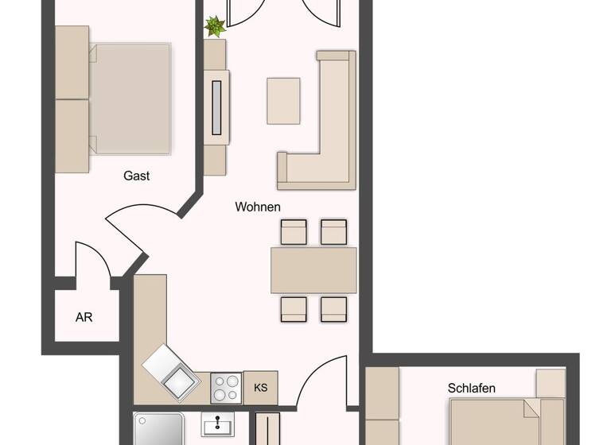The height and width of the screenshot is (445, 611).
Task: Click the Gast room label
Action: pyautogui.click(x=137, y=176)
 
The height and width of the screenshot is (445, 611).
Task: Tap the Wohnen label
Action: pyautogui.click(x=258, y=207)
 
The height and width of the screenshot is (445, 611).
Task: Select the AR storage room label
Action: pyautogui.click(x=84, y=317)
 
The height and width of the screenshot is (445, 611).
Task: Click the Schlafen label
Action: pyautogui.click(x=472, y=389)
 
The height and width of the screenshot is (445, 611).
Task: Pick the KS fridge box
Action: pyautogui.click(x=260, y=388)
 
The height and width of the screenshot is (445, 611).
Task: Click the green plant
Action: pyautogui.click(x=215, y=27)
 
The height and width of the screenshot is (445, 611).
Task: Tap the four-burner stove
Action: pyautogui.click(x=226, y=388)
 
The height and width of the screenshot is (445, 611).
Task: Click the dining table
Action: pyautogui.click(x=313, y=270)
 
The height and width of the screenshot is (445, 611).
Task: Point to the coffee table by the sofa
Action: pyautogui.click(x=283, y=100)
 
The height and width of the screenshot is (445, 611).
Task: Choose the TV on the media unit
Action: pyautogui.click(x=216, y=107)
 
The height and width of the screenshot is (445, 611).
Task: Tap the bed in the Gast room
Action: pyautogui.click(x=130, y=99)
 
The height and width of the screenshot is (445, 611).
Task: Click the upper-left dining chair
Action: pyautogui.click(x=294, y=232)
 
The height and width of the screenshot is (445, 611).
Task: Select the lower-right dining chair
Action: pyautogui.click(x=333, y=308)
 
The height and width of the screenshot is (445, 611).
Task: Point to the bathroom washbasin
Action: pyautogui.click(x=217, y=424)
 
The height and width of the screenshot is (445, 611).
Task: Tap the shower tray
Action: pyautogui.click(x=159, y=429)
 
